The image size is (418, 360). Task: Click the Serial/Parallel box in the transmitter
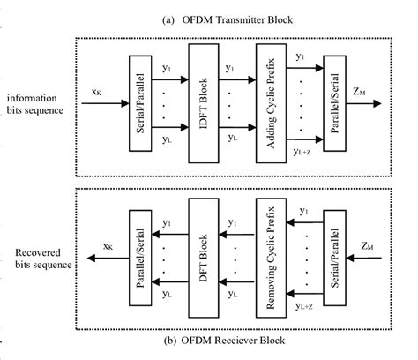coord(140,103)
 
